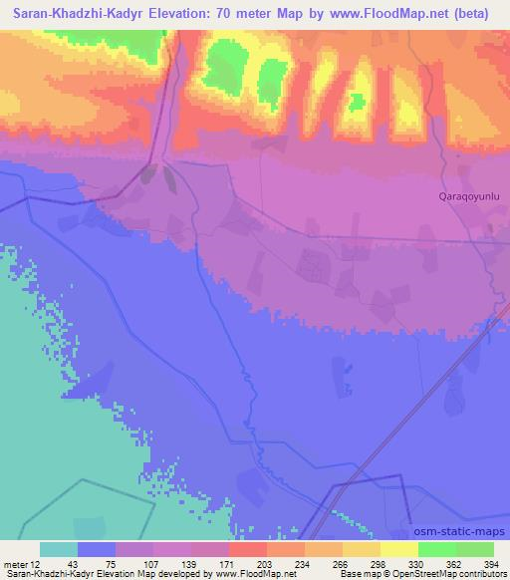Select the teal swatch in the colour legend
click(59, 549)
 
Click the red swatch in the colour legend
click(248, 549)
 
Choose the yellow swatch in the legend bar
click(399, 549)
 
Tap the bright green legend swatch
click(437, 549)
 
